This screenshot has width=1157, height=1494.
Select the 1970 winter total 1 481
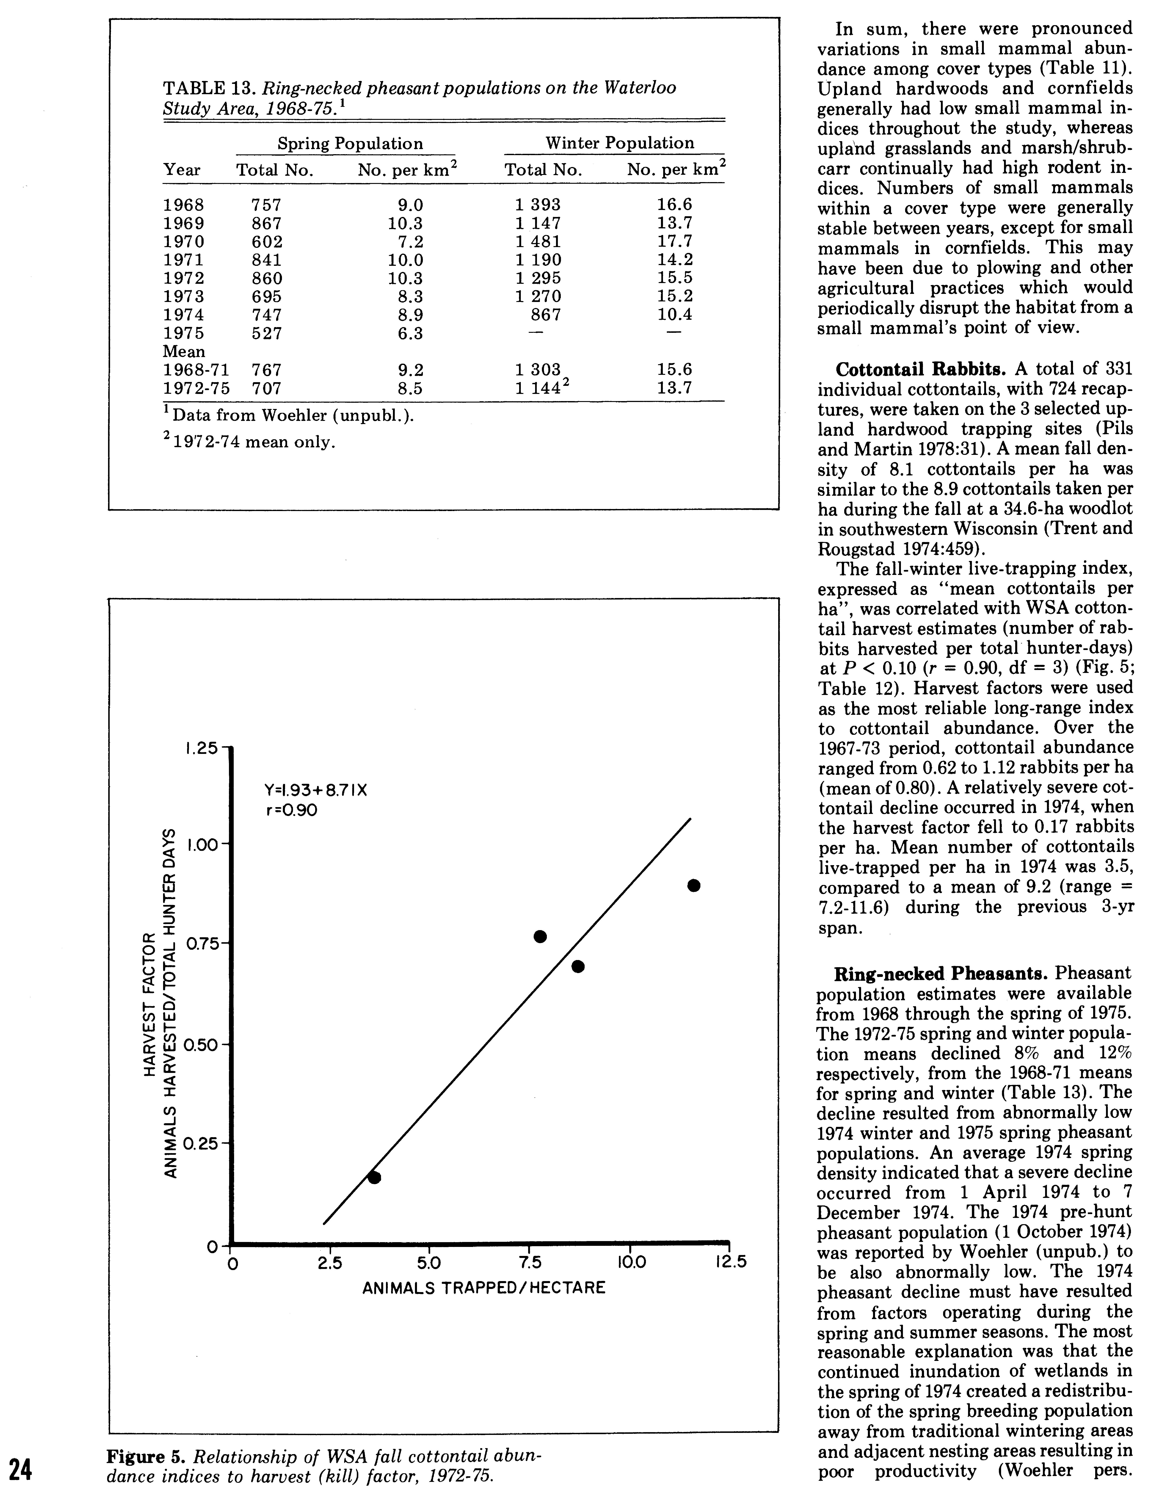(x=537, y=242)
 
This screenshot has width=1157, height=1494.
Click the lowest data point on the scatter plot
(x=374, y=1177)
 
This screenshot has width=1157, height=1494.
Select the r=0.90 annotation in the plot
(x=291, y=811)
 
